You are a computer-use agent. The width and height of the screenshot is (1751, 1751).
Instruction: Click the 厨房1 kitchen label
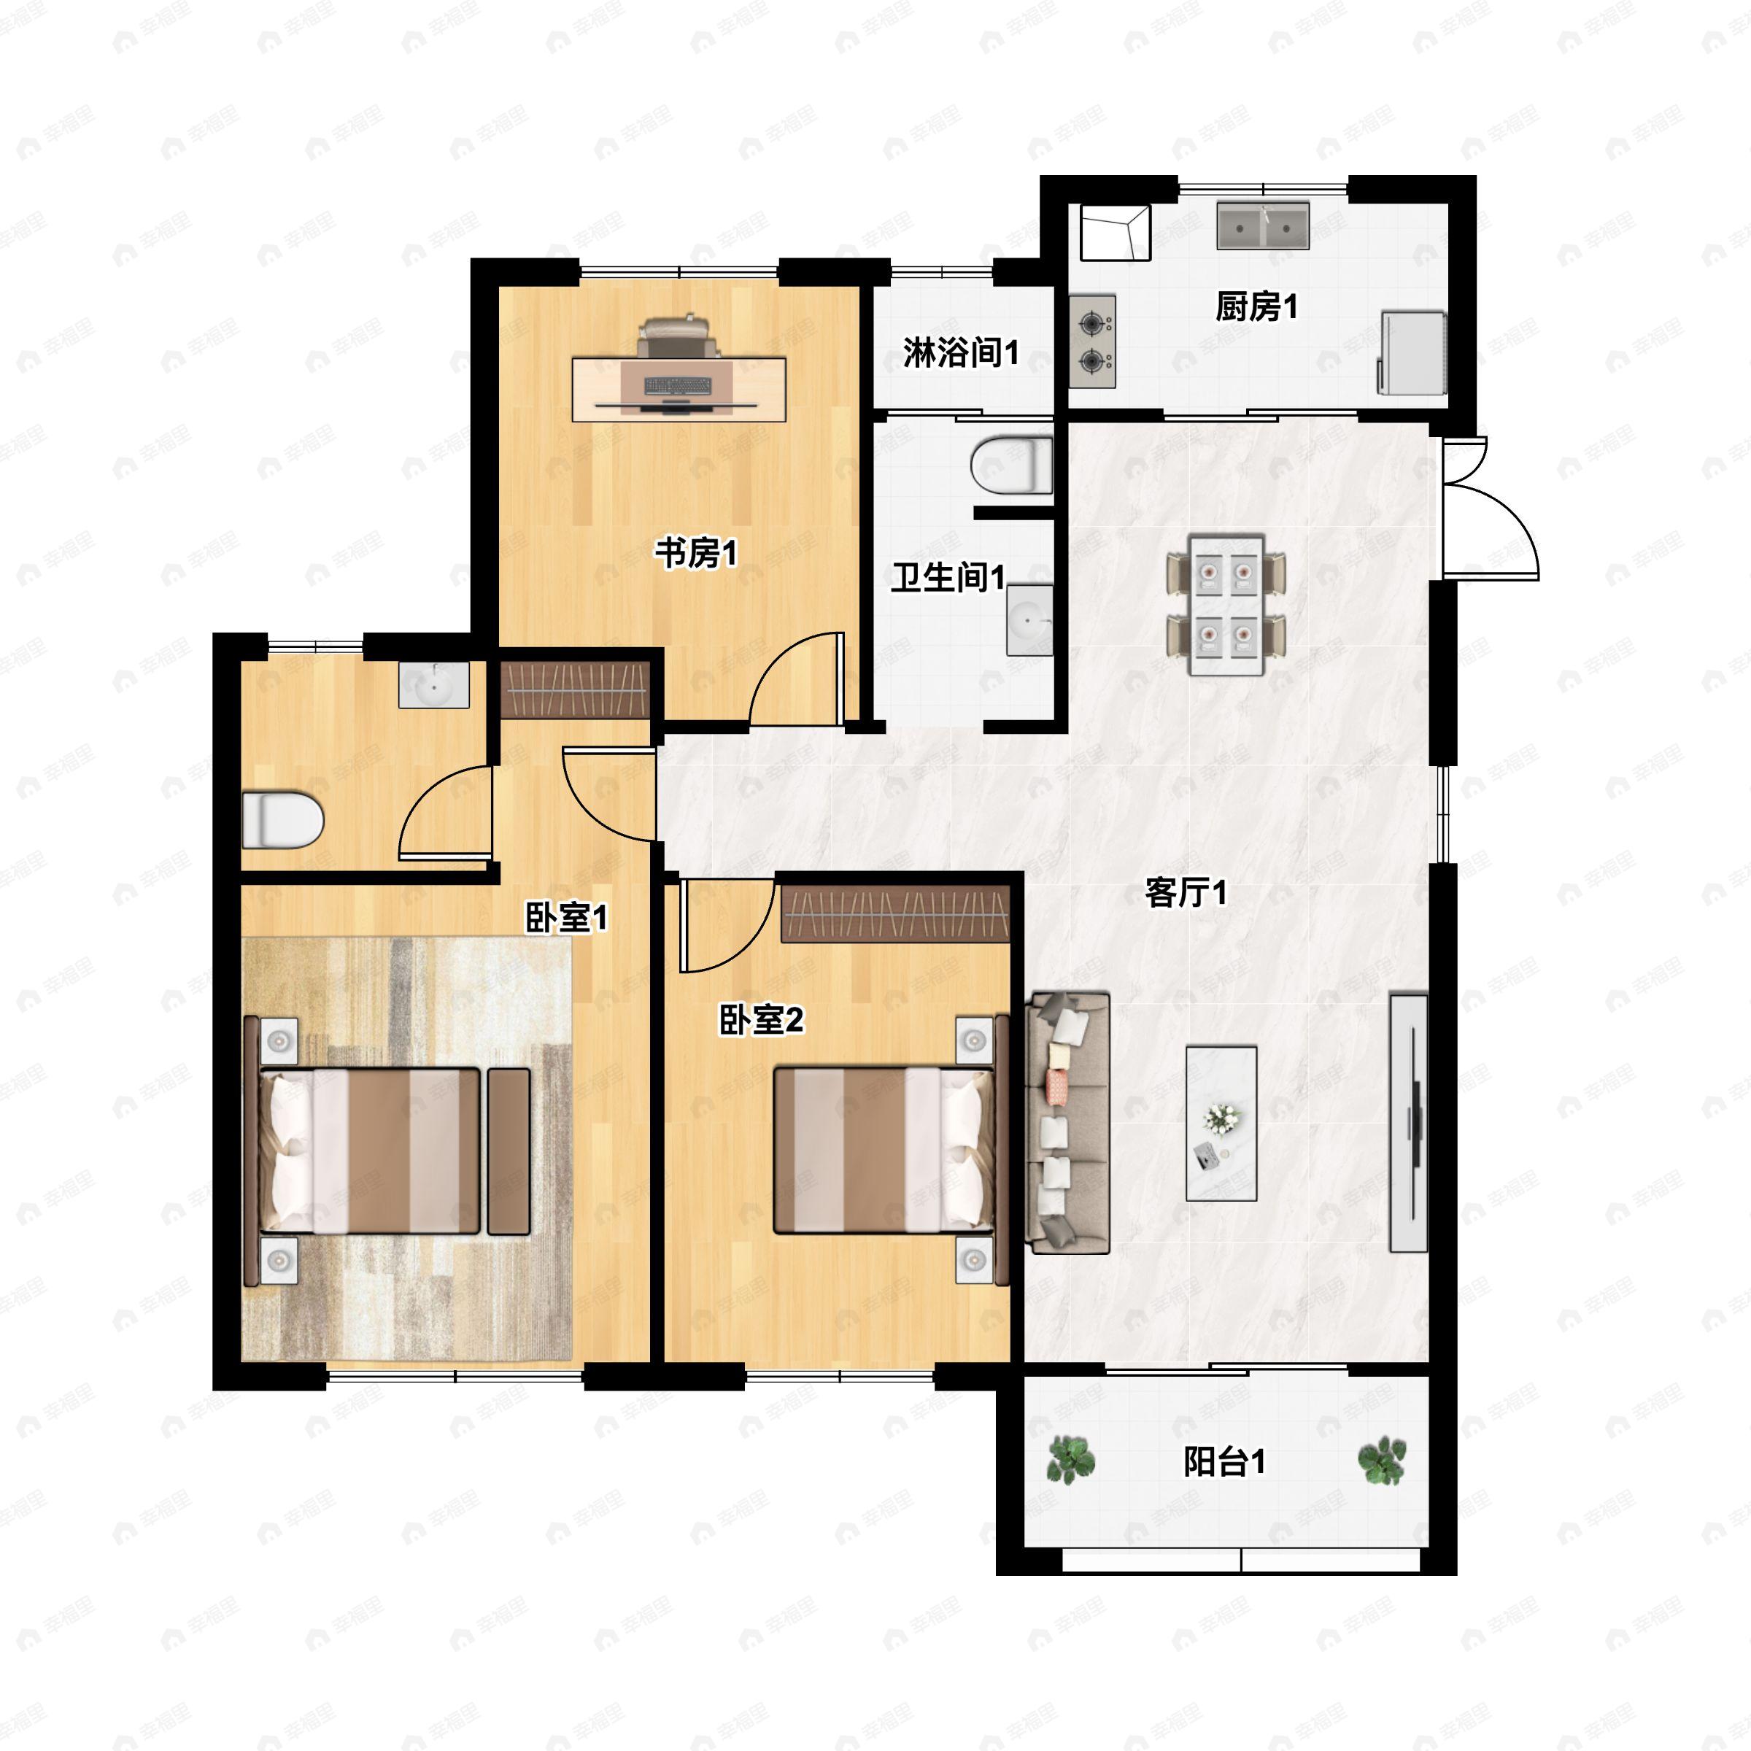1256,307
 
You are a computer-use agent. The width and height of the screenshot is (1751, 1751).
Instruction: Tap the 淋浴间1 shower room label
961,352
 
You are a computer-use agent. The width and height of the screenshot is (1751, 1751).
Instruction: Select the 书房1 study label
696,553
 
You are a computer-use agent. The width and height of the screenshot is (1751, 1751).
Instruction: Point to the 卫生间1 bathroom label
948,576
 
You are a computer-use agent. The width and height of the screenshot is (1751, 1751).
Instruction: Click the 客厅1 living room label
1186,893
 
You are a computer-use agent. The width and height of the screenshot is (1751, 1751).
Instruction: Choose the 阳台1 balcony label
1224,1462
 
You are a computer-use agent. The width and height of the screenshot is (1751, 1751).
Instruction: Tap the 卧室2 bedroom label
761,1021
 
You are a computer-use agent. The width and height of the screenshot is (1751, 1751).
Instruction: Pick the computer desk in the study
679,389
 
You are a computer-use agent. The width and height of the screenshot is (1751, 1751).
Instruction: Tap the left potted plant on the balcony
1071,1460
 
